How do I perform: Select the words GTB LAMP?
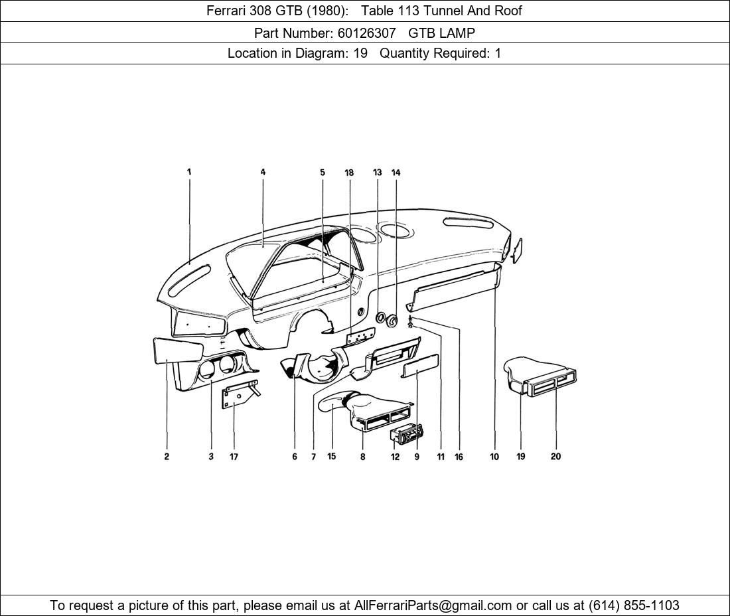point(441,33)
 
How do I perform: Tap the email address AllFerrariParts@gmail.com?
point(433,605)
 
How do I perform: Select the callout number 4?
point(263,173)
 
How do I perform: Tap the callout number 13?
point(377,173)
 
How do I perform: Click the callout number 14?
point(396,173)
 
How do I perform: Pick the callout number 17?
point(234,457)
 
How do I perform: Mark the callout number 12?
point(395,457)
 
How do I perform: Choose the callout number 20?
point(555,457)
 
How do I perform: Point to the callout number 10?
point(494,457)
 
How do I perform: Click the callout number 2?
point(167,457)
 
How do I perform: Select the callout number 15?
point(331,457)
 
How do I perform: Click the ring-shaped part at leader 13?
point(380,318)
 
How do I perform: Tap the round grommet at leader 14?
point(392,322)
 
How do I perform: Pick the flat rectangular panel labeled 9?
point(420,365)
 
